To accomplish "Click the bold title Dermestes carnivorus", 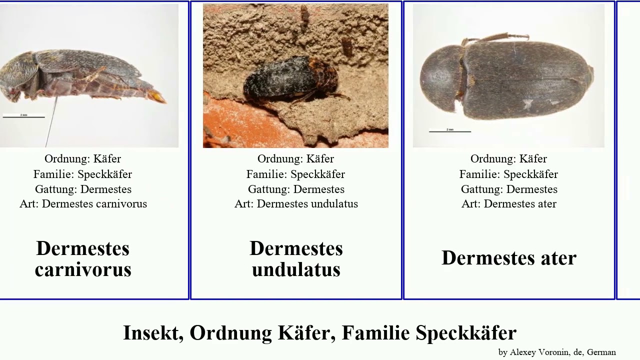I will [83, 258].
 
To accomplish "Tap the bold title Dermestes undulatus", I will [296, 258].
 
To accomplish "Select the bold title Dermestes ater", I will [509, 258].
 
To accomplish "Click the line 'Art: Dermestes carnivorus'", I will [83, 204].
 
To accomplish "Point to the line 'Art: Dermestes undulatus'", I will [296, 204].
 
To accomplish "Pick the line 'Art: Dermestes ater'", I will [509, 204].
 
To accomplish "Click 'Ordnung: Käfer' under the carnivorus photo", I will [82, 159].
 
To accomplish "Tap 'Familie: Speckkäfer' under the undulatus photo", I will [295, 174].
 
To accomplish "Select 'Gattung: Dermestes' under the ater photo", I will [509, 189].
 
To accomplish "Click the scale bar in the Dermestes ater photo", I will [449, 131].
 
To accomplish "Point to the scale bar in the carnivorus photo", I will [23, 117].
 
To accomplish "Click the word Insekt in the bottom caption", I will [153, 332].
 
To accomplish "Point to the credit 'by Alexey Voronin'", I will [534, 352].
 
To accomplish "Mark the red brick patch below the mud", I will [235, 125].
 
